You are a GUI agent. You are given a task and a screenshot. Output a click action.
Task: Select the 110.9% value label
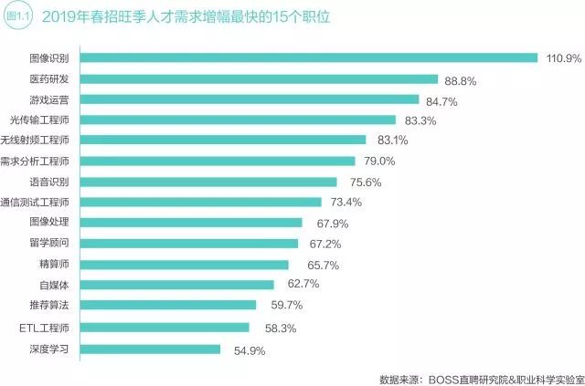(562, 59)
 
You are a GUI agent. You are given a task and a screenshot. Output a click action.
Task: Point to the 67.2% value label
(325, 245)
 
